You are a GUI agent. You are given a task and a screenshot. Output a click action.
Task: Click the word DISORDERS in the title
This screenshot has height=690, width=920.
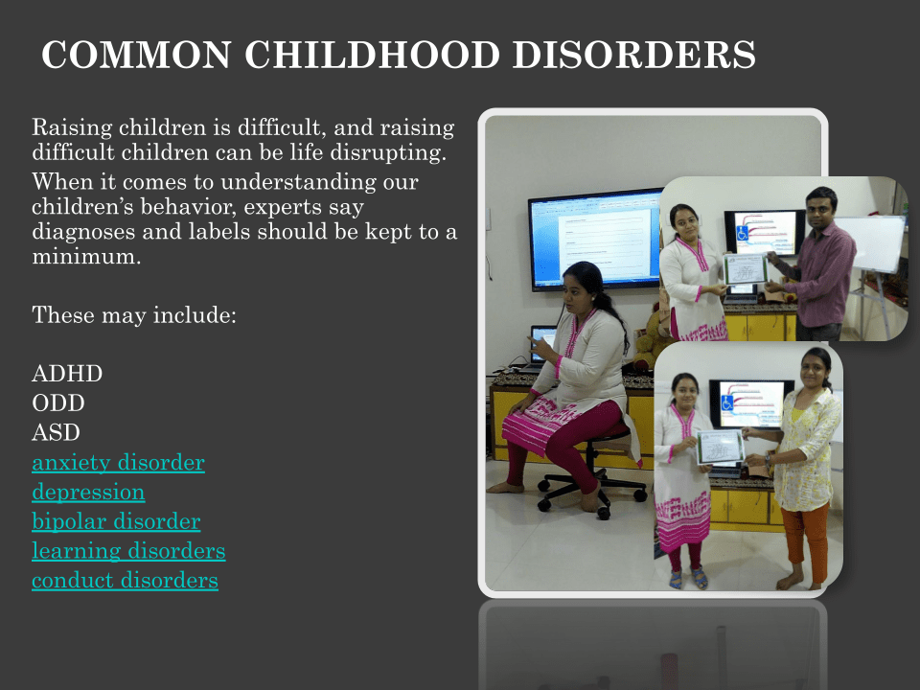pyautogui.click(x=634, y=55)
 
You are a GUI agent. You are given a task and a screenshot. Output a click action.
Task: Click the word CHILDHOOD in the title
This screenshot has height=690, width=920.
pyautogui.click(x=372, y=55)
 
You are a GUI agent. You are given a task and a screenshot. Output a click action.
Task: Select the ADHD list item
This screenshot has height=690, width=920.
pyautogui.click(x=67, y=374)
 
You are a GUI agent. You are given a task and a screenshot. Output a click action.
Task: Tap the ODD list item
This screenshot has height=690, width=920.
pyautogui.click(x=58, y=403)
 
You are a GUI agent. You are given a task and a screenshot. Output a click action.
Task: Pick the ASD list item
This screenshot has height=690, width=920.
pyautogui.click(x=56, y=432)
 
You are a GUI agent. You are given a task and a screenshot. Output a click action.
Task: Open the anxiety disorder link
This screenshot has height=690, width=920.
pyautogui.click(x=119, y=462)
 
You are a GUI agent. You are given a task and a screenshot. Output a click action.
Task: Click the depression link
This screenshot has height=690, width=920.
pyautogui.click(x=88, y=493)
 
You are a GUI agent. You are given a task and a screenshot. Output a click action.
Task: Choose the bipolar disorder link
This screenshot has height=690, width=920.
pyautogui.click(x=116, y=521)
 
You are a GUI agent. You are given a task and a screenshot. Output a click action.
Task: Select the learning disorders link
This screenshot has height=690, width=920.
pyautogui.click(x=128, y=550)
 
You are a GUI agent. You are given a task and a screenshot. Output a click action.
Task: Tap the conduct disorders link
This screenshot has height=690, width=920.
pyautogui.click(x=125, y=580)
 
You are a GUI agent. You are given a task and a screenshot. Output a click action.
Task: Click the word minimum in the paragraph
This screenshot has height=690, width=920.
pyautogui.click(x=86, y=257)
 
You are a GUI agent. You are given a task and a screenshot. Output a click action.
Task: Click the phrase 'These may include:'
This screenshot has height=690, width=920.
pyautogui.click(x=134, y=315)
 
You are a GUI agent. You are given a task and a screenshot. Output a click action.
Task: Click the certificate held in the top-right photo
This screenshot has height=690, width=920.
pyautogui.click(x=746, y=269)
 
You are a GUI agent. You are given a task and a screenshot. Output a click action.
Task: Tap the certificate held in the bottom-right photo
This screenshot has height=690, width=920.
pyautogui.click(x=721, y=448)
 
